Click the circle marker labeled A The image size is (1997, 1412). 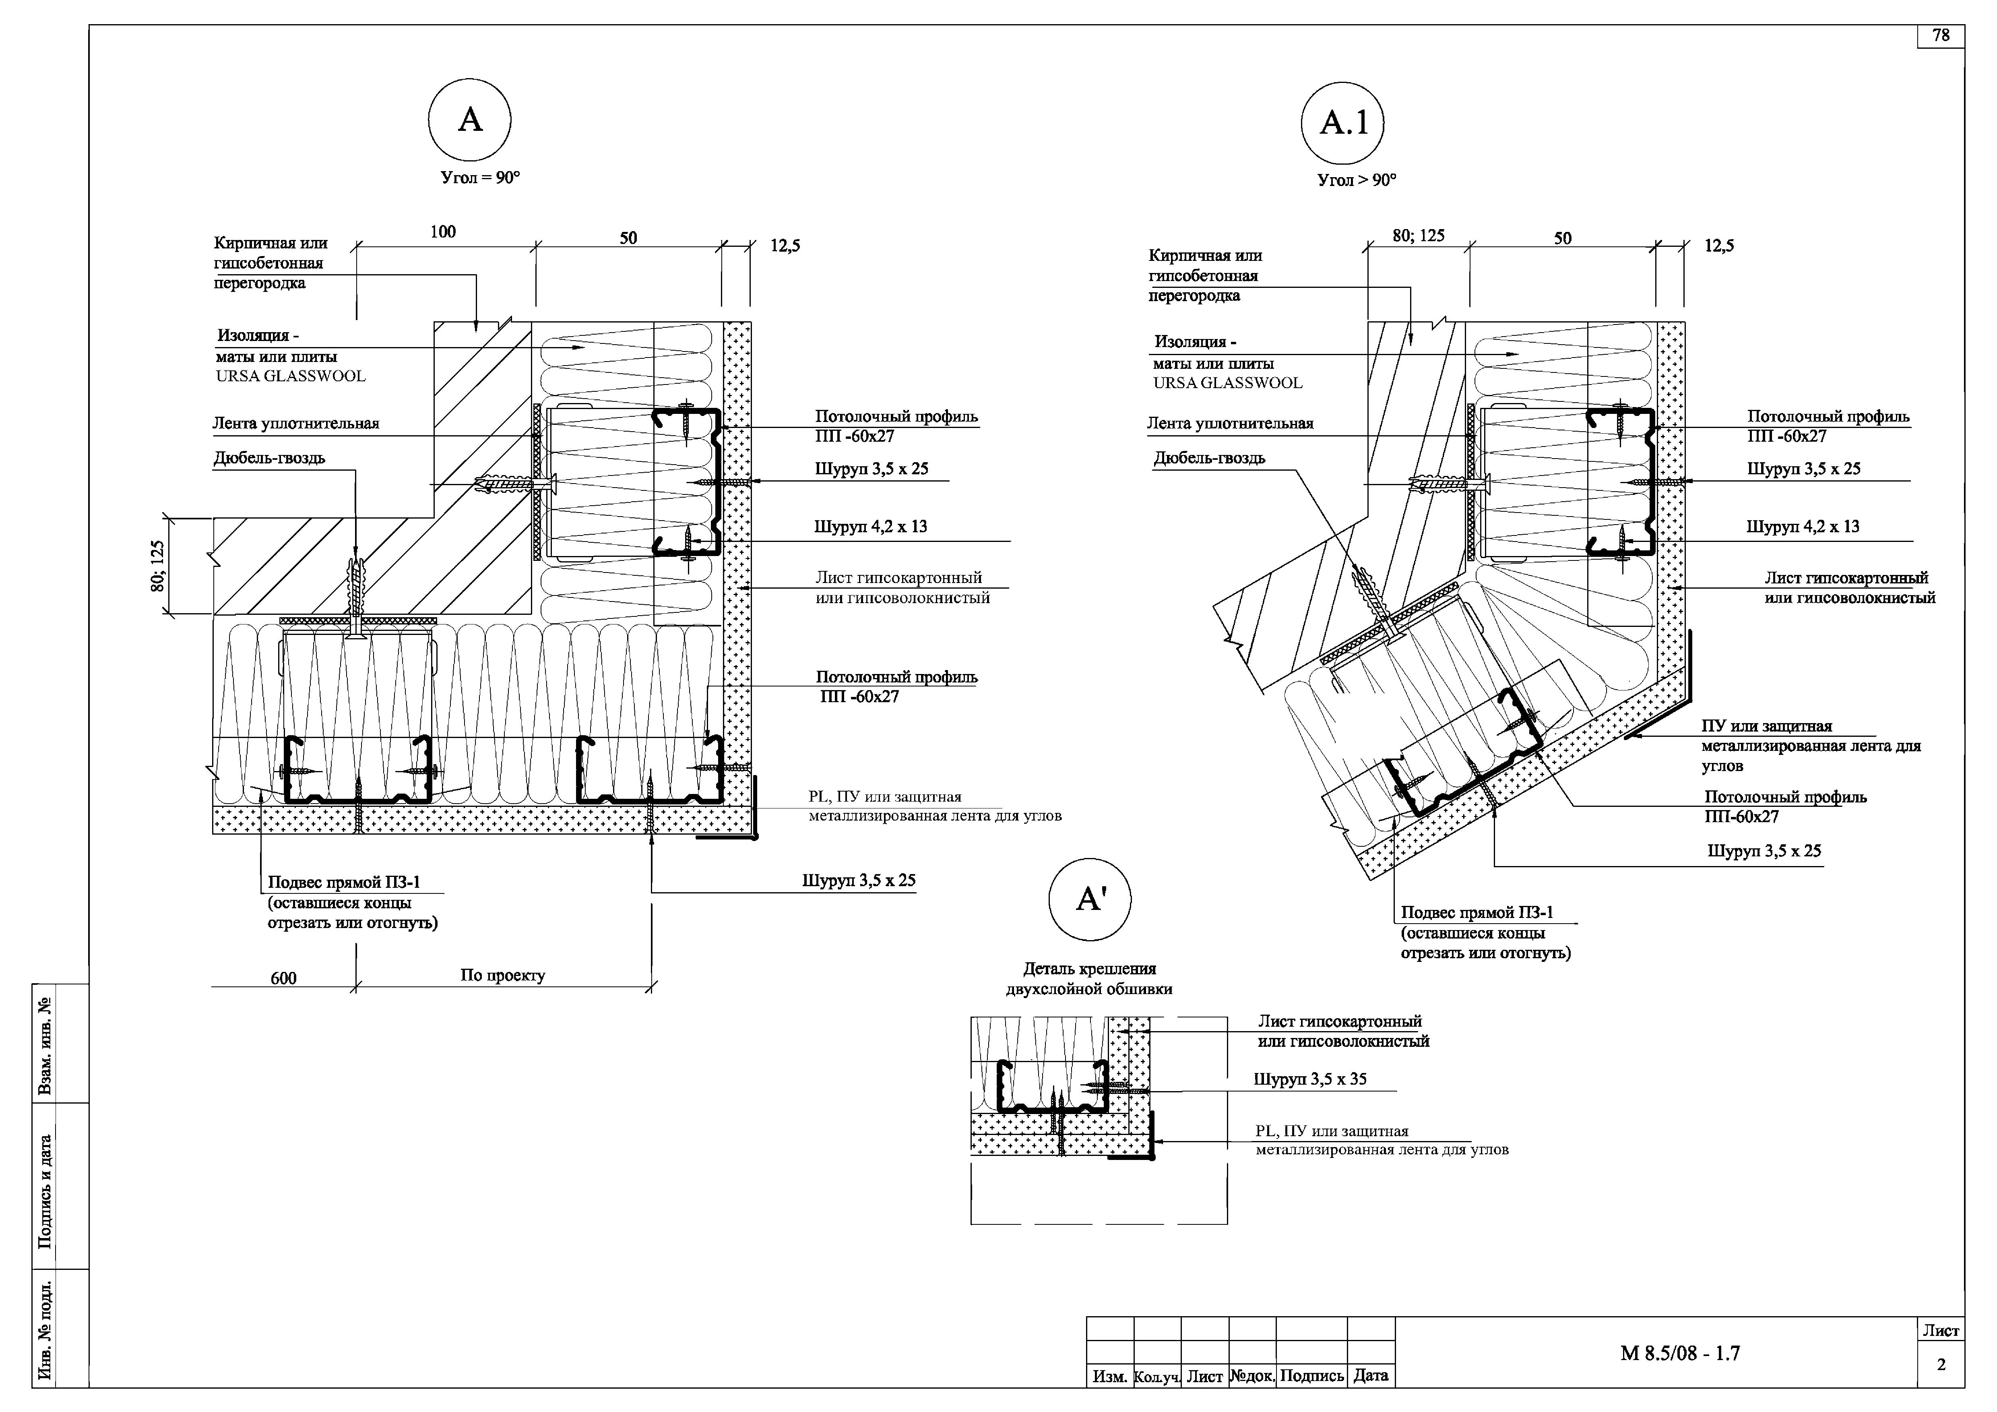click(470, 120)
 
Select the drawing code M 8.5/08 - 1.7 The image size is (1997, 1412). click(1680, 1353)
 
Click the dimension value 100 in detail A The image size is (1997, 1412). click(443, 232)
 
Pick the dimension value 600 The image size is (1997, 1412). click(283, 978)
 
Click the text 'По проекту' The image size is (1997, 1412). click(503, 975)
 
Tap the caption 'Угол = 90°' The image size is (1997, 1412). click(480, 178)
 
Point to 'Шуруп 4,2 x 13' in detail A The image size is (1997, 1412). click(871, 526)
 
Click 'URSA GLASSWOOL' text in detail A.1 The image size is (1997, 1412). click(1228, 383)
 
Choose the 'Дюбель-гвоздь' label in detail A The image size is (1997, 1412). click(270, 458)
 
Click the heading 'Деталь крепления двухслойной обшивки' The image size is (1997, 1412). click(1089, 979)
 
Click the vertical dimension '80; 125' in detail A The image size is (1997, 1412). click(157, 566)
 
